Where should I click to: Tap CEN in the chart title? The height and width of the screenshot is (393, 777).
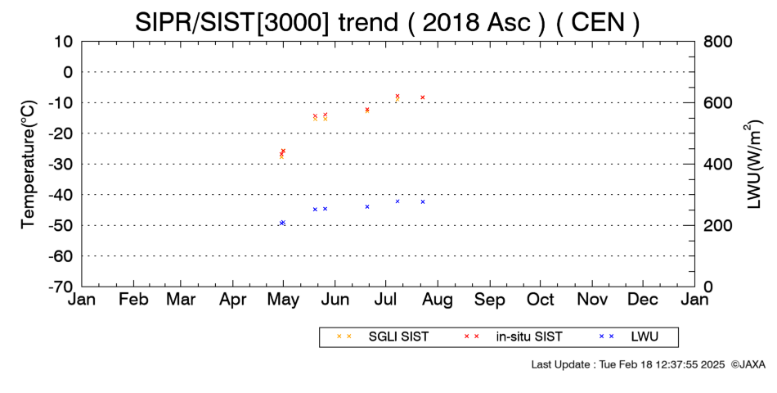(598, 22)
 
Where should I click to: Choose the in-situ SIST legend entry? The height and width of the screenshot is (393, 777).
(513, 337)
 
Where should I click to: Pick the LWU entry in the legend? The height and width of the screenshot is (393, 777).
(629, 337)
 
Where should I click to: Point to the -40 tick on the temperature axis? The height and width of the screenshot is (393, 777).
(60, 195)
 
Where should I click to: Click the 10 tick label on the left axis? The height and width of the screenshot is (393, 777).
(63, 41)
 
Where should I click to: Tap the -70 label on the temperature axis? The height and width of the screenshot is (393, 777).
(60, 287)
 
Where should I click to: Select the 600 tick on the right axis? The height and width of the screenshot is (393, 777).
(717, 102)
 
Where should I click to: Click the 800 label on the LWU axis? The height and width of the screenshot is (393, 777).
(717, 41)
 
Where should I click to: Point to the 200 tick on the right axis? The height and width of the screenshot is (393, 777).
(717, 225)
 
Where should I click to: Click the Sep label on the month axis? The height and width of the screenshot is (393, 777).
(490, 300)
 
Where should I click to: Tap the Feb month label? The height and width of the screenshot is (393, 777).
(133, 299)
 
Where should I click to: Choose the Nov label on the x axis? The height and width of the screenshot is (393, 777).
(592, 299)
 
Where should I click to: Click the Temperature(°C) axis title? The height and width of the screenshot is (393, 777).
(29, 165)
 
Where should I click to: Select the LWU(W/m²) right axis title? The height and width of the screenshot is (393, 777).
(753, 165)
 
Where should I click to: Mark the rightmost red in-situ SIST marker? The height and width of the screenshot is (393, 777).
(423, 97)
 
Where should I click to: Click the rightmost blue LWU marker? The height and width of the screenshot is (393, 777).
(423, 202)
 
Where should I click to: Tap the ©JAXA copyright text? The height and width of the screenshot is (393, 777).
(748, 364)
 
